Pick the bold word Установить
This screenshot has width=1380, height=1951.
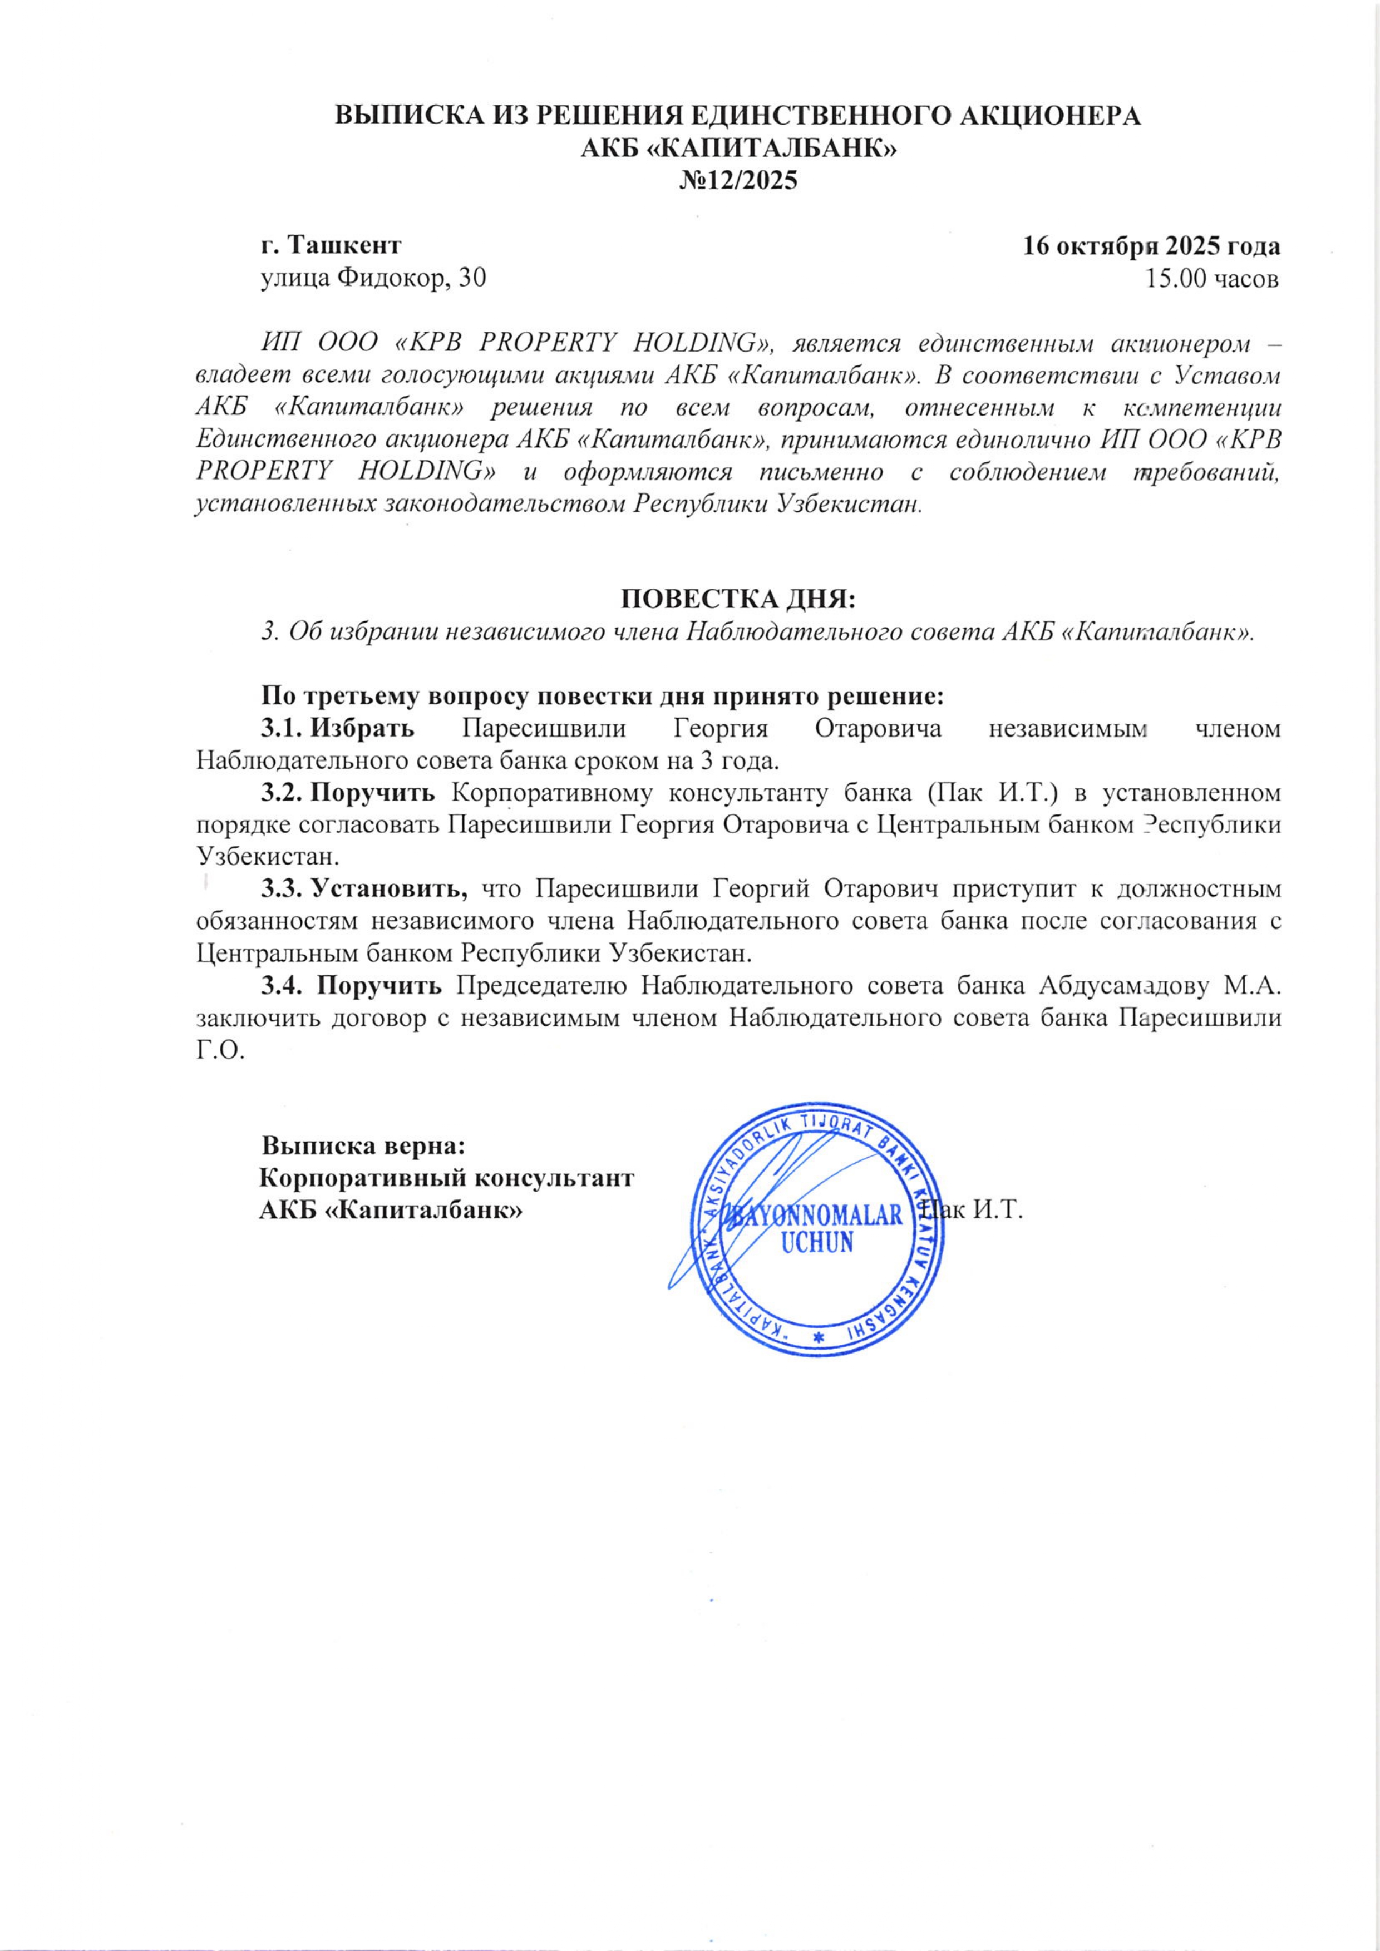pyautogui.click(x=390, y=889)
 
